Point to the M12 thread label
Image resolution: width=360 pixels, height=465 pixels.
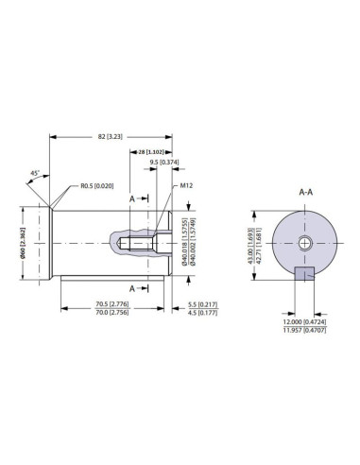(186, 186)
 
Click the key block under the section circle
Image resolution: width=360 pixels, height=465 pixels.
(304, 274)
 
